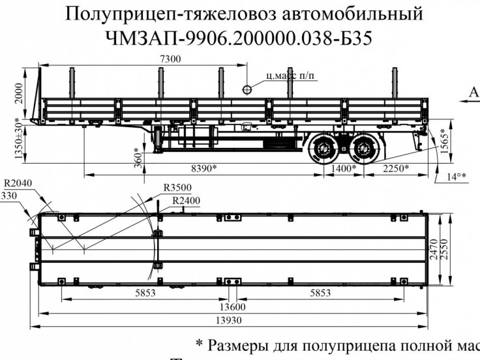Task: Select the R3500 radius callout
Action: click(176, 188)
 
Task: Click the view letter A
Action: click(474, 93)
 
